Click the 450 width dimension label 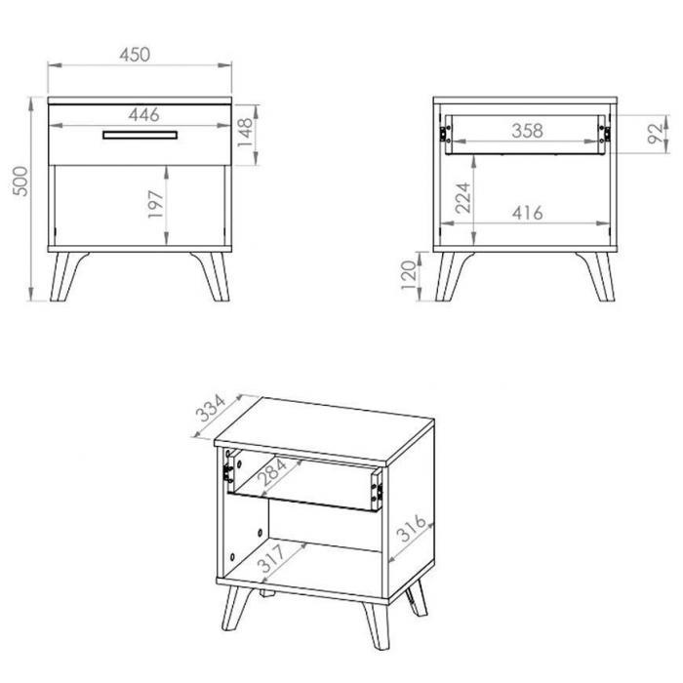pyautogui.click(x=135, y=55)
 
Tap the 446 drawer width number pyautogui.click(x=143, y=115)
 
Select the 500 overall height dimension pyautogui.click(x=20, y=181)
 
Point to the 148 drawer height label pyautogui.click(x=245, y=132)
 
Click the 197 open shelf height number pyautogui.click(x=155, y=204)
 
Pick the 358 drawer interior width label pyautogui.click(x=527, y=131)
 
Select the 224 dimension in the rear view pyautogui.click(x=463, y=198)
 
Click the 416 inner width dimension pyautogui.click(x=528, y=213)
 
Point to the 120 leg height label pyautogui.click(x=409, y=275)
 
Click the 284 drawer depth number pyautogui.click(x=272, y=472)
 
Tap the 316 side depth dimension pyautogui.click(x=412, y=528)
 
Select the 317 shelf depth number pyautogui.click(x=272, y=558)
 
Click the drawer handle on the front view pyautogui.click(x=141, y=135)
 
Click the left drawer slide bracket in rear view pyautogui.click(x=444, y=134)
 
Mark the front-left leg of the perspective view pyautogui.click(x=236, y=607)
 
